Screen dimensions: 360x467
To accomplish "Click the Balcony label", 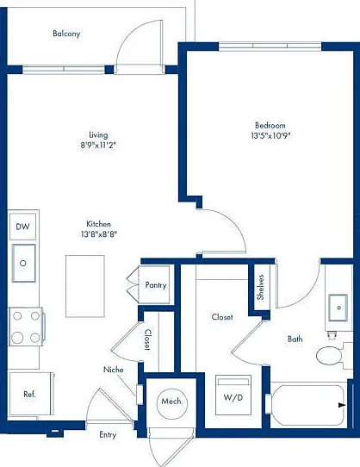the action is click(66, 34).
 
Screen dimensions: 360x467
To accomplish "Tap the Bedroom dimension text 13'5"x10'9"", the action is click(270, 136).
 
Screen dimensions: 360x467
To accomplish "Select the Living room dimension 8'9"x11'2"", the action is click(98, 146).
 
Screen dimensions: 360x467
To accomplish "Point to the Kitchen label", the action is click(98, 224).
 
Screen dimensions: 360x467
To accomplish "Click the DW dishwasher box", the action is click(23, 227).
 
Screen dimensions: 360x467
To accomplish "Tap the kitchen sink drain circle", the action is click(23, 264).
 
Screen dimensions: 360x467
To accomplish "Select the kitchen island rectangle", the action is click(85, 286).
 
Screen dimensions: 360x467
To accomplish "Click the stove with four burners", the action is click(26, 327).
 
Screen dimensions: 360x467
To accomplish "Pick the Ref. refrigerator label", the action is click(29, 395).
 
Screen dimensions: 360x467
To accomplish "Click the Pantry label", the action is click(156, 285).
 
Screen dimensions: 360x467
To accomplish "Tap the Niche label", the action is click(114, 370).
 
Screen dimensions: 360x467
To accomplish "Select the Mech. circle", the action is click(172, 402).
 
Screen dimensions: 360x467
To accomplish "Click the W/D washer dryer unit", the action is click(233, 395).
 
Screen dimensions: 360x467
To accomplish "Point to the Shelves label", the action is click(261, 287).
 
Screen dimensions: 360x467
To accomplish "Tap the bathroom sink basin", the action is click(338, 308).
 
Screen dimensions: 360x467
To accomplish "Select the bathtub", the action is click(308, 405).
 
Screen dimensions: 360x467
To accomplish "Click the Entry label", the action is click(108, 435).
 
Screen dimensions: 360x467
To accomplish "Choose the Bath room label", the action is click(295, 339).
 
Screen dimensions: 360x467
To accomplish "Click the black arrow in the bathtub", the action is click(342, 405).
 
